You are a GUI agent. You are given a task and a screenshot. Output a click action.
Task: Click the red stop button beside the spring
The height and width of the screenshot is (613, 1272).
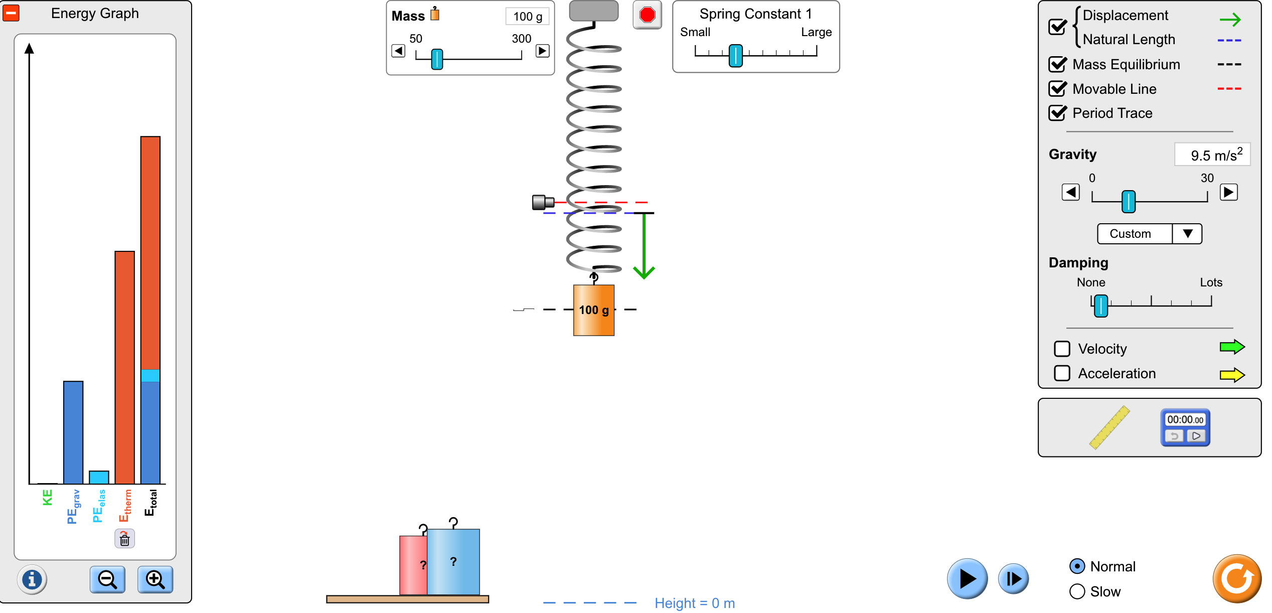647,15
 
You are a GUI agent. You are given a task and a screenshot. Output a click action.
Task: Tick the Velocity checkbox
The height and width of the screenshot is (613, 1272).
1062,349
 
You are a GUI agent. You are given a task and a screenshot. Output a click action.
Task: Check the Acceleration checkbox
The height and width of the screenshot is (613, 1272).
1062,373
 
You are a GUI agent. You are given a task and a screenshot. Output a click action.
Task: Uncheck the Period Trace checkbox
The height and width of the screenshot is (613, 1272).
1058,113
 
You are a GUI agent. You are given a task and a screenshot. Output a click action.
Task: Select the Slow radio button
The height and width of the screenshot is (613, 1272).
1077,591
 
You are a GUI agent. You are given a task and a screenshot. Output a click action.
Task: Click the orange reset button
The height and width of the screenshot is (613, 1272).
1237,578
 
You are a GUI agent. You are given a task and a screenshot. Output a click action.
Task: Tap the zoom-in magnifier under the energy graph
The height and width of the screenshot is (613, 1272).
155,580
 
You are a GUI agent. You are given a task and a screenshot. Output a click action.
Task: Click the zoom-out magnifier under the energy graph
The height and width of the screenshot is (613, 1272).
107,580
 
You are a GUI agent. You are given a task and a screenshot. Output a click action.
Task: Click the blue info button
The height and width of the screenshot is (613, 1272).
32,580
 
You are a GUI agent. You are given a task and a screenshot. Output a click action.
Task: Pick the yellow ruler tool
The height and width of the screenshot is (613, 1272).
1109,427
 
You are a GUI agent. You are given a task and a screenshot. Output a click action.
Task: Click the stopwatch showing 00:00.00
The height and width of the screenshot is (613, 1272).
1185,428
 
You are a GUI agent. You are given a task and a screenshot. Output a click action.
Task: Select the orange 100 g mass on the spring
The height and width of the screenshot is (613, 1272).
594,310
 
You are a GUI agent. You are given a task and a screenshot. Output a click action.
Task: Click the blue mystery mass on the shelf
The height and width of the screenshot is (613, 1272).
453,561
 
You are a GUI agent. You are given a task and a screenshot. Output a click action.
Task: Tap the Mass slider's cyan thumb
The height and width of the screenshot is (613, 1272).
437,59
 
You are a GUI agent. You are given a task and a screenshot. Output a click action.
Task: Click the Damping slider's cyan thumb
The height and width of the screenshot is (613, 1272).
1101,306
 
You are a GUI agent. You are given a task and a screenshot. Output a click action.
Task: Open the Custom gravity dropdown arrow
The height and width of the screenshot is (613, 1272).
1187,234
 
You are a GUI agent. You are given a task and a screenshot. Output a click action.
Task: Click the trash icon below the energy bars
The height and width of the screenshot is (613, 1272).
124,539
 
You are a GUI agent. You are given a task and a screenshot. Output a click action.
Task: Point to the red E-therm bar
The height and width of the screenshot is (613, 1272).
125,367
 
